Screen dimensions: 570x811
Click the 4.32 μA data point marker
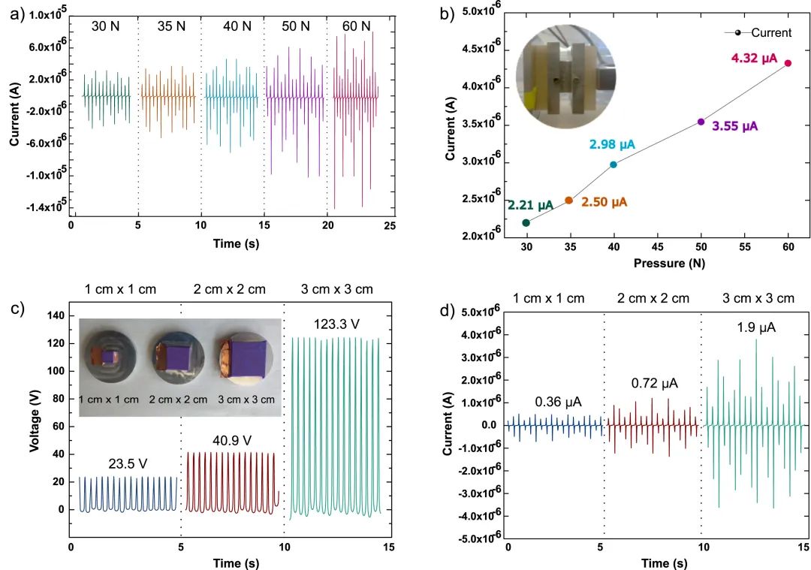pos(788,63)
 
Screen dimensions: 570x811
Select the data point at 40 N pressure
pos(614,164)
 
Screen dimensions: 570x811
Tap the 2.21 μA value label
pos(530,204)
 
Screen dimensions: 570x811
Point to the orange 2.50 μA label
pos(605,203)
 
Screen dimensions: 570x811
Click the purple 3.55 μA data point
pos(701,122)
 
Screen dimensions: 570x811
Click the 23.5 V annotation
pos(127,463)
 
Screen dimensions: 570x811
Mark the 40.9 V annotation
pos(231,439)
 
